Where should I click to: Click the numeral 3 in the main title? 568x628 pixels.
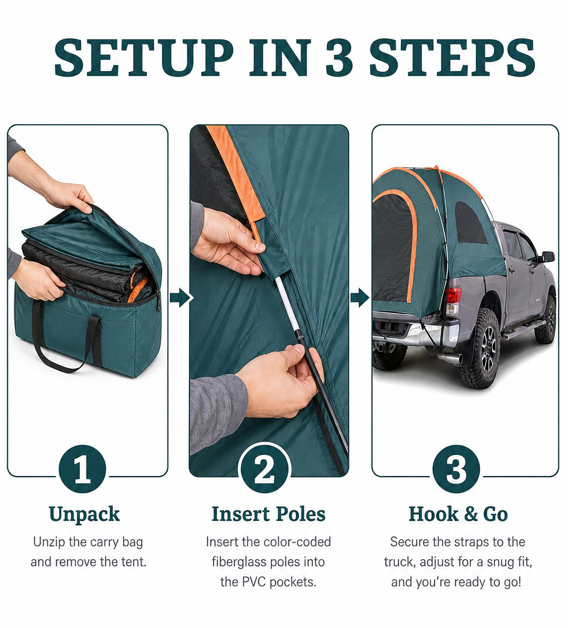339,57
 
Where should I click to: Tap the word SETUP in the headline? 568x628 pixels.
144,57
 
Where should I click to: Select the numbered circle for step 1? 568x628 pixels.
82,469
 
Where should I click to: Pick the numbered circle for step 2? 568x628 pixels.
265,469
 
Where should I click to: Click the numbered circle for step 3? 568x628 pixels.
457,469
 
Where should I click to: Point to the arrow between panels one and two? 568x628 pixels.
181,297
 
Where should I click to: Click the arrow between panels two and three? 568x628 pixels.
359,297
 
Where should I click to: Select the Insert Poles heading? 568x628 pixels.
268,514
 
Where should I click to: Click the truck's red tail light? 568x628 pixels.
453,296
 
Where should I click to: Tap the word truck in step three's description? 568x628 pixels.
400,562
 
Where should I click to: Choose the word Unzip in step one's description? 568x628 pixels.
49,543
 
